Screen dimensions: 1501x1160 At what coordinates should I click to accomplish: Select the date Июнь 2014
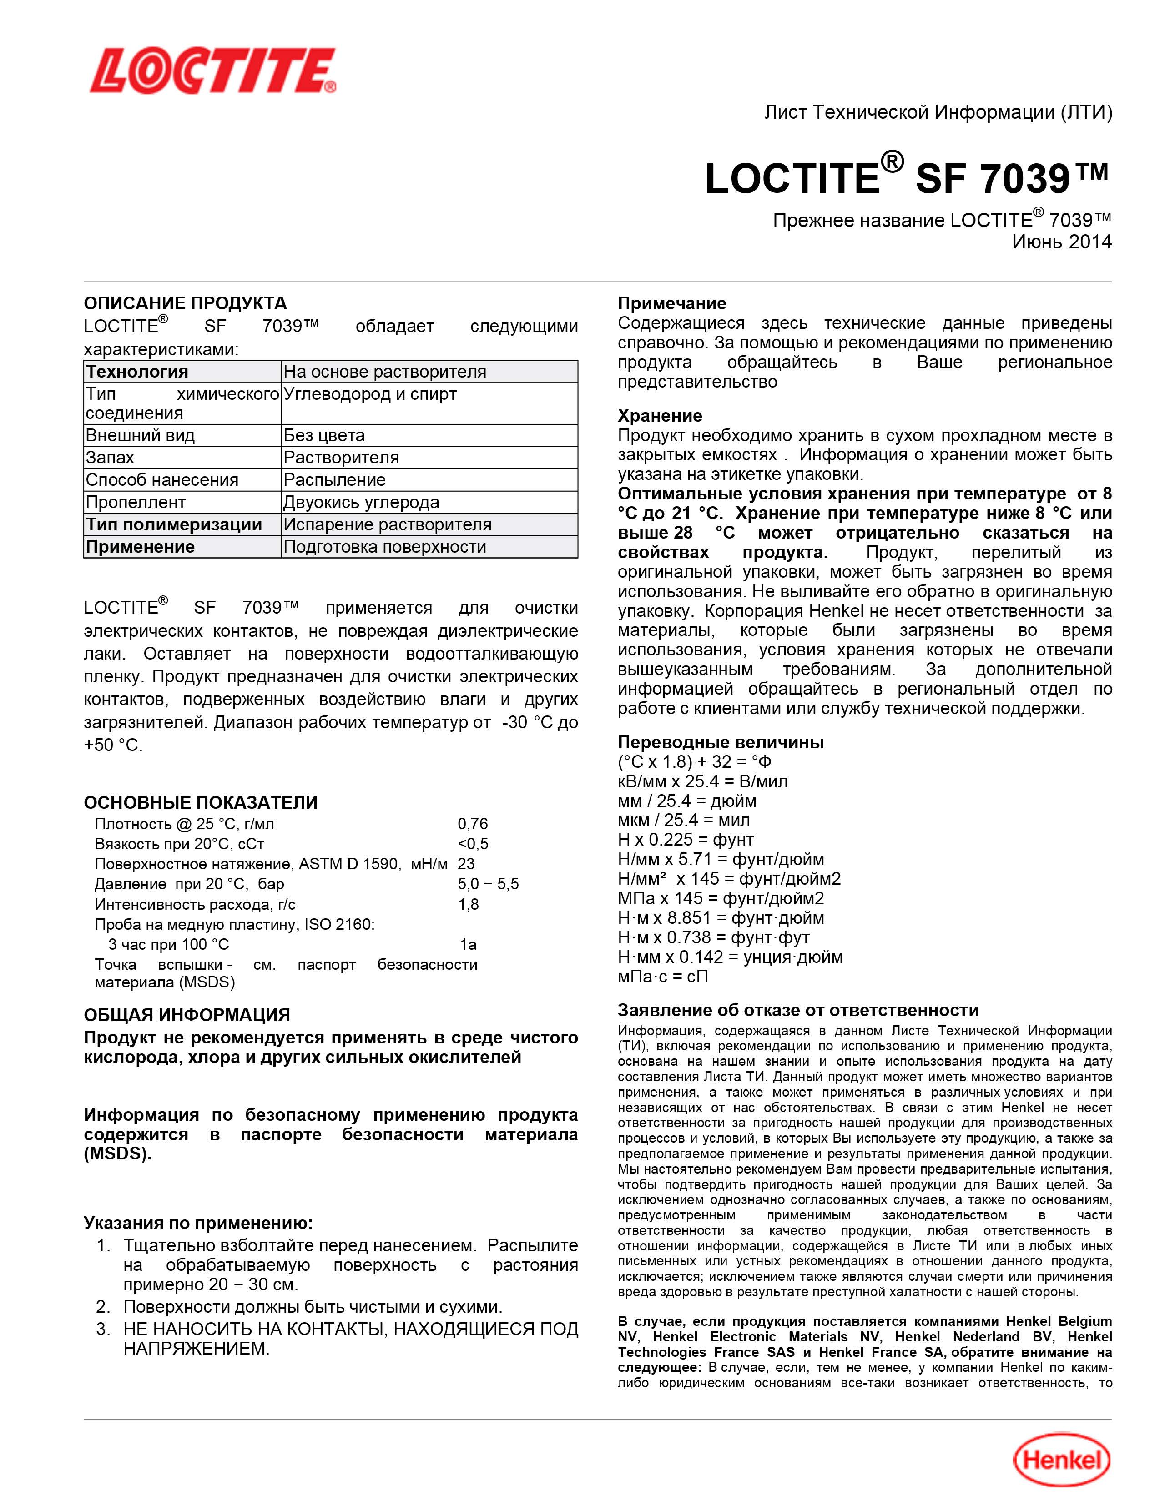click(x=1061, y=242)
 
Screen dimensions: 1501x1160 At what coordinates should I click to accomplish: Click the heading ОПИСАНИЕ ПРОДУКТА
click(x=185, y=303)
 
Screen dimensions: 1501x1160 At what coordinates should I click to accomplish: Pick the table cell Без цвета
click(x=324, y=435)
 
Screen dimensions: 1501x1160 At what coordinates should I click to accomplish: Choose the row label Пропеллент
click(x=136, y=503)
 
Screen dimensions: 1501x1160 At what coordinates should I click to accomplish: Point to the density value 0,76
click(x=473, y=823)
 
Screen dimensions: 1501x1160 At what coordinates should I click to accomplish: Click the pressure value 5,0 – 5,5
click(x=488, y=884)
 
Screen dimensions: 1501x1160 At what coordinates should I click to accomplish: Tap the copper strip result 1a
click(x=468, y=944)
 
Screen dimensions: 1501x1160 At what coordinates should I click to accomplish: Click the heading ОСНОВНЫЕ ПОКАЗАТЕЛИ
click(x=201, y=802)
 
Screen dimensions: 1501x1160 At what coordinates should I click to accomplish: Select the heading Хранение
click(x=660, y=415)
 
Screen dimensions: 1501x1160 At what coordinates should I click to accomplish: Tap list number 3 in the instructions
click(x=103, y=1329)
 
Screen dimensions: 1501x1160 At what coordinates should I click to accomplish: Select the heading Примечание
click(x=671, y=303)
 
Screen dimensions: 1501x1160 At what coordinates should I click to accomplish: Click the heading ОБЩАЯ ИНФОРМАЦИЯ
click(x=187, y=1015)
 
